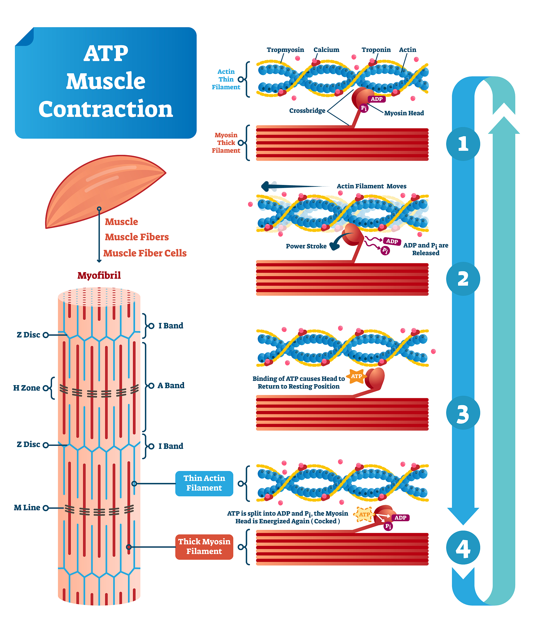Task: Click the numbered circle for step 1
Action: click(x=463, y=144)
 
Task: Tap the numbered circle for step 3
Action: click(x=463, y=413)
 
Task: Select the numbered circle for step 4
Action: click(x=463, y=548)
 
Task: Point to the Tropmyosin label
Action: click(x=285, y=50)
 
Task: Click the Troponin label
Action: click(x=376, y=50)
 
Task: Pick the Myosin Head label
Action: click(x=404, y=113)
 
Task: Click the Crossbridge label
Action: click(x=307, y=111)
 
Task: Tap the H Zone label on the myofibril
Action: click(x=27, y=388)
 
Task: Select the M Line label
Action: click(x=27, y=508)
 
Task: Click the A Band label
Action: click(x=171, y=385)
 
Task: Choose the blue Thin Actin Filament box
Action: click(x=204, y=483)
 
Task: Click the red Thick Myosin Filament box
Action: click(x=204, y=546)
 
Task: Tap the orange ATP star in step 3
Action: click(x=356, y=376)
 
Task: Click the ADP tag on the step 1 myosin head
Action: click(x=377, y=99)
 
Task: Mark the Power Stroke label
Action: click(x=306, y=246)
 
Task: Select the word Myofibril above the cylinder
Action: click(x=99, y=275)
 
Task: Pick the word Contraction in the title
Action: click(x=106, y=109)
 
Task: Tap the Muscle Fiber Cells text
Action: click(x=145, y=253)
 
